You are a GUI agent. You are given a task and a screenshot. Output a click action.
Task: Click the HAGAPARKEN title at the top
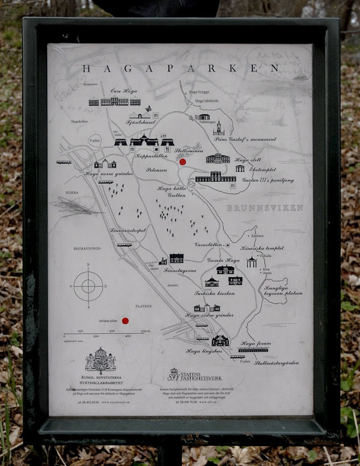click(x=181, y=68)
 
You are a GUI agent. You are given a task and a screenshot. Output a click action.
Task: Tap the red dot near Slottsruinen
click(x=182, y=162)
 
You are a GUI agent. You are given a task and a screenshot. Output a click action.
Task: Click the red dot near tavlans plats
click(x=125, y=320)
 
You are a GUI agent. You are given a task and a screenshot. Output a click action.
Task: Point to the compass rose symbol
click(x=88, y=285)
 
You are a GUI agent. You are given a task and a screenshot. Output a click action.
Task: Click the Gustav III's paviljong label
click(x=267, y=181)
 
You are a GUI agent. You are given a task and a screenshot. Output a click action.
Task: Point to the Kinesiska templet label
click(x=262, y=248)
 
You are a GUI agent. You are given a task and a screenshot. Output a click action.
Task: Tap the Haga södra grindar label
click(x=205, y=315)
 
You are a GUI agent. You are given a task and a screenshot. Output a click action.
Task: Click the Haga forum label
click(x=256, y=343)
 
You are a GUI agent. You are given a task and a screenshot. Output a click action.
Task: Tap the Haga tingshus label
click(x=204, y=351)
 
